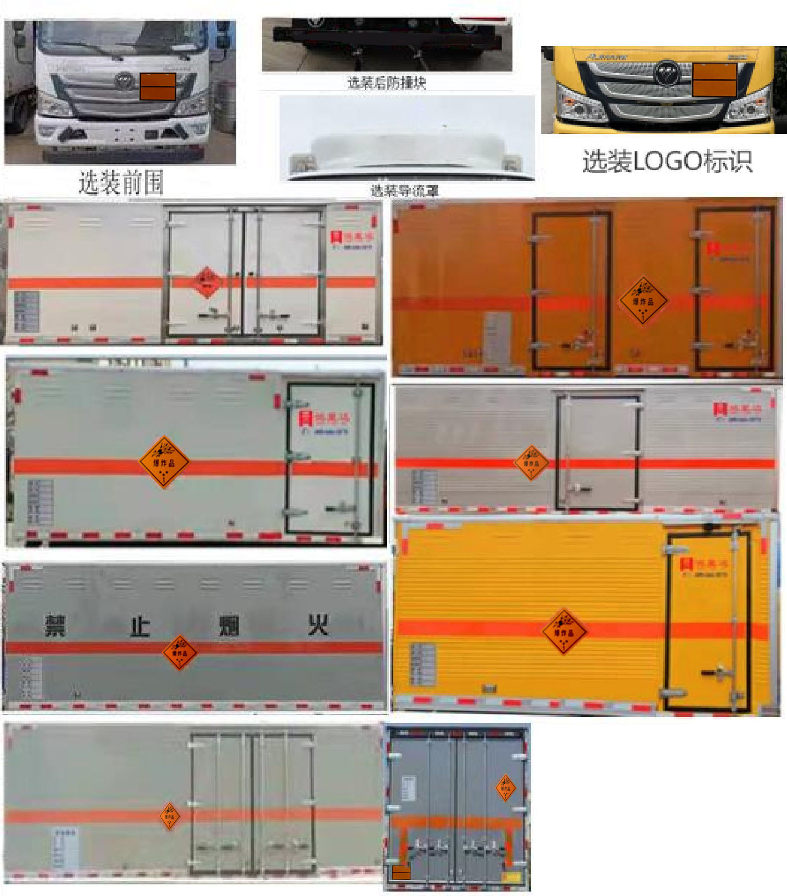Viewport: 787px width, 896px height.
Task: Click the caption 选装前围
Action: click(121, 182)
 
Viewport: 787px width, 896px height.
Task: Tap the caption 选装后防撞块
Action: click(387, 83)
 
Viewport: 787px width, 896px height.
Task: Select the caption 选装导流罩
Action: click(405, 191)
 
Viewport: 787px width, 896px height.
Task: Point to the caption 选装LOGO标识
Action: click(667, 161)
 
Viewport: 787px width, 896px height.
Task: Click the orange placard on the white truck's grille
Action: click(158, 86)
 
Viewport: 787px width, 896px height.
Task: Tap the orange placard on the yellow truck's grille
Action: click(714, 79)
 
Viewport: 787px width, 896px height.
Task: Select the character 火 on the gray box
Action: click(318, 624)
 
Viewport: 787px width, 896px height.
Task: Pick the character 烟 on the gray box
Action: click(229, 625)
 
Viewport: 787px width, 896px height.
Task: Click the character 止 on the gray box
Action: click(140, 625)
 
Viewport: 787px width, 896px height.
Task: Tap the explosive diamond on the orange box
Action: click(643, 300)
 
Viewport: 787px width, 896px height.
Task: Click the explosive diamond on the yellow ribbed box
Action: click(564, 632)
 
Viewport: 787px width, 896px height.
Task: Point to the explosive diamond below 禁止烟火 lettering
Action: click(180, 652)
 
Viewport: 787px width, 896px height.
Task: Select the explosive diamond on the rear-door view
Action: click(505, 788)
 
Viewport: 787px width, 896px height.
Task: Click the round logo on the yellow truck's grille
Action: click(664, 72)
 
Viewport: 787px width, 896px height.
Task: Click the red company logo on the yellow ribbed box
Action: click(687, 564)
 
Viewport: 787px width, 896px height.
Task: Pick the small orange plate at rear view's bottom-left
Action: click(401, 873)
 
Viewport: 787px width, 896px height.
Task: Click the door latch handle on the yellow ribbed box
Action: click(716, 673)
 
